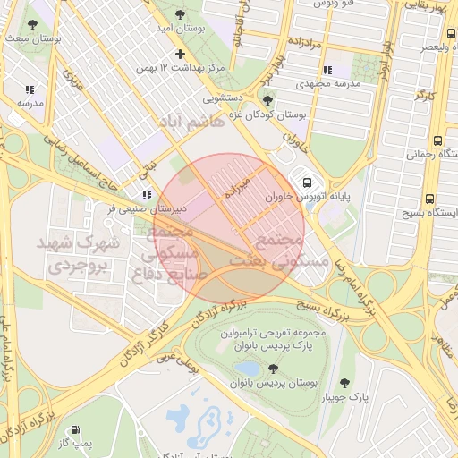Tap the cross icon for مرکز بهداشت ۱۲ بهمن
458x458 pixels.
click(180, 54)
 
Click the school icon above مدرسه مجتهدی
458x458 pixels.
click(327, 70)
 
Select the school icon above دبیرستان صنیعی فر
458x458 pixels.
click(147, 194)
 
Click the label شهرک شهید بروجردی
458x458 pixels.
click(72, 254)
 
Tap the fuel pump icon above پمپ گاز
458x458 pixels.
click(84, 428)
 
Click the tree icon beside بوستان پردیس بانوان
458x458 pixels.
click(272, 368)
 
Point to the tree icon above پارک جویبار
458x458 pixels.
click(344, 382)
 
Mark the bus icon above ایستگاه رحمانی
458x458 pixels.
click(437, 140)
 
